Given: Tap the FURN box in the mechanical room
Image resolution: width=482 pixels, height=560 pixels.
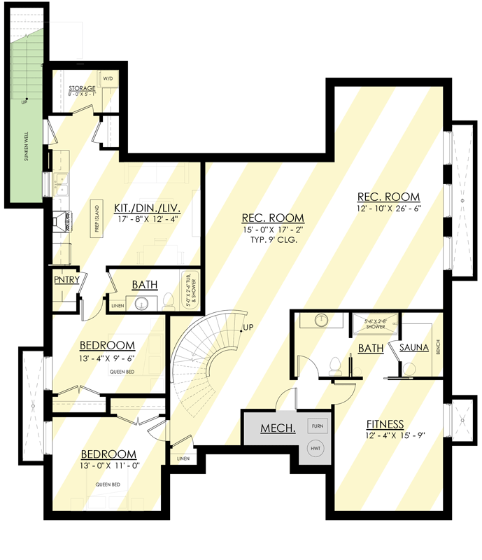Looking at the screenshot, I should [x=318, y=426].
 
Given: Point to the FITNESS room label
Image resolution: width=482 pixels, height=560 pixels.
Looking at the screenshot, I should [x=385, y=423].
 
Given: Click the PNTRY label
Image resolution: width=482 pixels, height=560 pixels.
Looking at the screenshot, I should [x=69, y=280].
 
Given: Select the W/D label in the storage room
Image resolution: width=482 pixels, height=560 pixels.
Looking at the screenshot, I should [x=108, y=78].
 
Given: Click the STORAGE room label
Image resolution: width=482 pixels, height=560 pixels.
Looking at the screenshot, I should [x=82, y=88].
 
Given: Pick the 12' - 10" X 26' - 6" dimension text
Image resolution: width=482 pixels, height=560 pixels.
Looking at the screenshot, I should [x=388, y=208].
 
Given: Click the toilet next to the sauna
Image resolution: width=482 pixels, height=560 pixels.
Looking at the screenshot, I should [x=409, y=368].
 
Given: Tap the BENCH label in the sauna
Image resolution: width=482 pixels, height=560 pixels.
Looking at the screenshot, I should [x=438, y=347].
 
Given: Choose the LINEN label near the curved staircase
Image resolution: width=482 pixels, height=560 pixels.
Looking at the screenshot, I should [x=183, y=458].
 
